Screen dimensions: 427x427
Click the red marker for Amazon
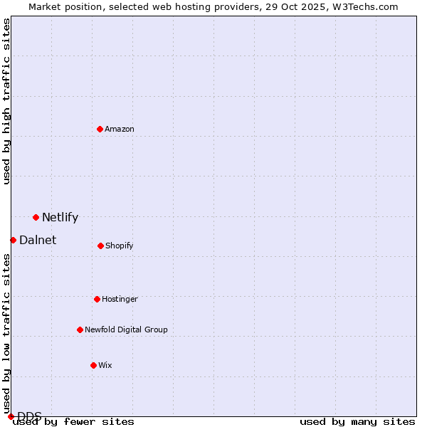click(100, 129)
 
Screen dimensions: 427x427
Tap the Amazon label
click(120, 129)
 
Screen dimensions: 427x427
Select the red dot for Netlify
click(36, 217)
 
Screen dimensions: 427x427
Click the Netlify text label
click(60, 218)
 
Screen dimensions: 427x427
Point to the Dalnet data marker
click(13, 240)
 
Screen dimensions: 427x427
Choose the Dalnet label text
click(38, 241)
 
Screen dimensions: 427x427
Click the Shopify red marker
click(100, 246)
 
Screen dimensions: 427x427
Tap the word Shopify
click(119, 246)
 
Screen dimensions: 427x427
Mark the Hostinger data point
click(97, 299)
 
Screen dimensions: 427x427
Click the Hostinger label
click(120, 300)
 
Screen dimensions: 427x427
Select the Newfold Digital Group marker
click(80, 330)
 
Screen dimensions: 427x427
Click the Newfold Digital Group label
click(126, 330)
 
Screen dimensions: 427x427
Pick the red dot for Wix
click(93, 365)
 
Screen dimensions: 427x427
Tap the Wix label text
click(105, 366)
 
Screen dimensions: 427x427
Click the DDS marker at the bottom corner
click(11, 416)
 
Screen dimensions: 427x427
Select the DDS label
click(29, 416)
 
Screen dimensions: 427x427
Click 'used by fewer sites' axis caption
click(74, 422)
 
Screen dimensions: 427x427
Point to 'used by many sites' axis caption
click(357, 422)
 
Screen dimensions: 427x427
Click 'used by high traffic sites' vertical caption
click(7, 101)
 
